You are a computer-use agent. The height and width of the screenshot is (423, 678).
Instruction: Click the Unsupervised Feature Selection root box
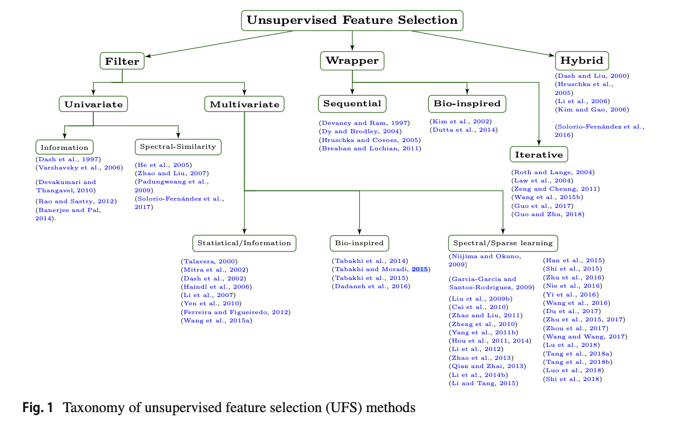(352, 21)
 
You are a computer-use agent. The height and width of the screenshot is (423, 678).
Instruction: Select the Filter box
(122, 61)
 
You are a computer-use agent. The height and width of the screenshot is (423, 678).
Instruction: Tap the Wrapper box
(352, 61)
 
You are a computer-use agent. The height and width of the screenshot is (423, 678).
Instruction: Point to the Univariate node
(93, 104)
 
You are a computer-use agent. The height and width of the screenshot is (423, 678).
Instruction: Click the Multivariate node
(244, 104)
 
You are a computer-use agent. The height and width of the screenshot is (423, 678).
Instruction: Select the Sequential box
(352, 104)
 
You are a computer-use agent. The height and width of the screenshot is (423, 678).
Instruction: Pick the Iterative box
(539, 154)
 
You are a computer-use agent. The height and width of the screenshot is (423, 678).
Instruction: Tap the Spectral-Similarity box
(178, 147)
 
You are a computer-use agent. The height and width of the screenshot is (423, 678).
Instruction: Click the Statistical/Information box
(244, 243)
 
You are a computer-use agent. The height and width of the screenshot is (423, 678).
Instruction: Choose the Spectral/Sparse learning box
(503, 243)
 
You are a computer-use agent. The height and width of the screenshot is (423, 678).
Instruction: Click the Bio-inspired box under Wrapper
(467, 104)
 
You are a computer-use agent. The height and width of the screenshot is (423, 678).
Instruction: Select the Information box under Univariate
(65, 147)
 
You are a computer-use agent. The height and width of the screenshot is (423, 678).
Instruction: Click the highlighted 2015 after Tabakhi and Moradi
(420, 269)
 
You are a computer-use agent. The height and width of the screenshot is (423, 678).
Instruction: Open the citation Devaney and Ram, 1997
(364, 123)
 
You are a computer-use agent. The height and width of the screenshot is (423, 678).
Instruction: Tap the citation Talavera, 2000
(209, 261)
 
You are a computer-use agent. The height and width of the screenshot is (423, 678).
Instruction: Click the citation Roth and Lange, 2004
(553, 172)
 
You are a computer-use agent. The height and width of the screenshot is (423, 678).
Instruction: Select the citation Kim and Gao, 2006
(591, 109)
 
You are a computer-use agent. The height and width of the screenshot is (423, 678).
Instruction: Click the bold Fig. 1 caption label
(38, 408)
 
